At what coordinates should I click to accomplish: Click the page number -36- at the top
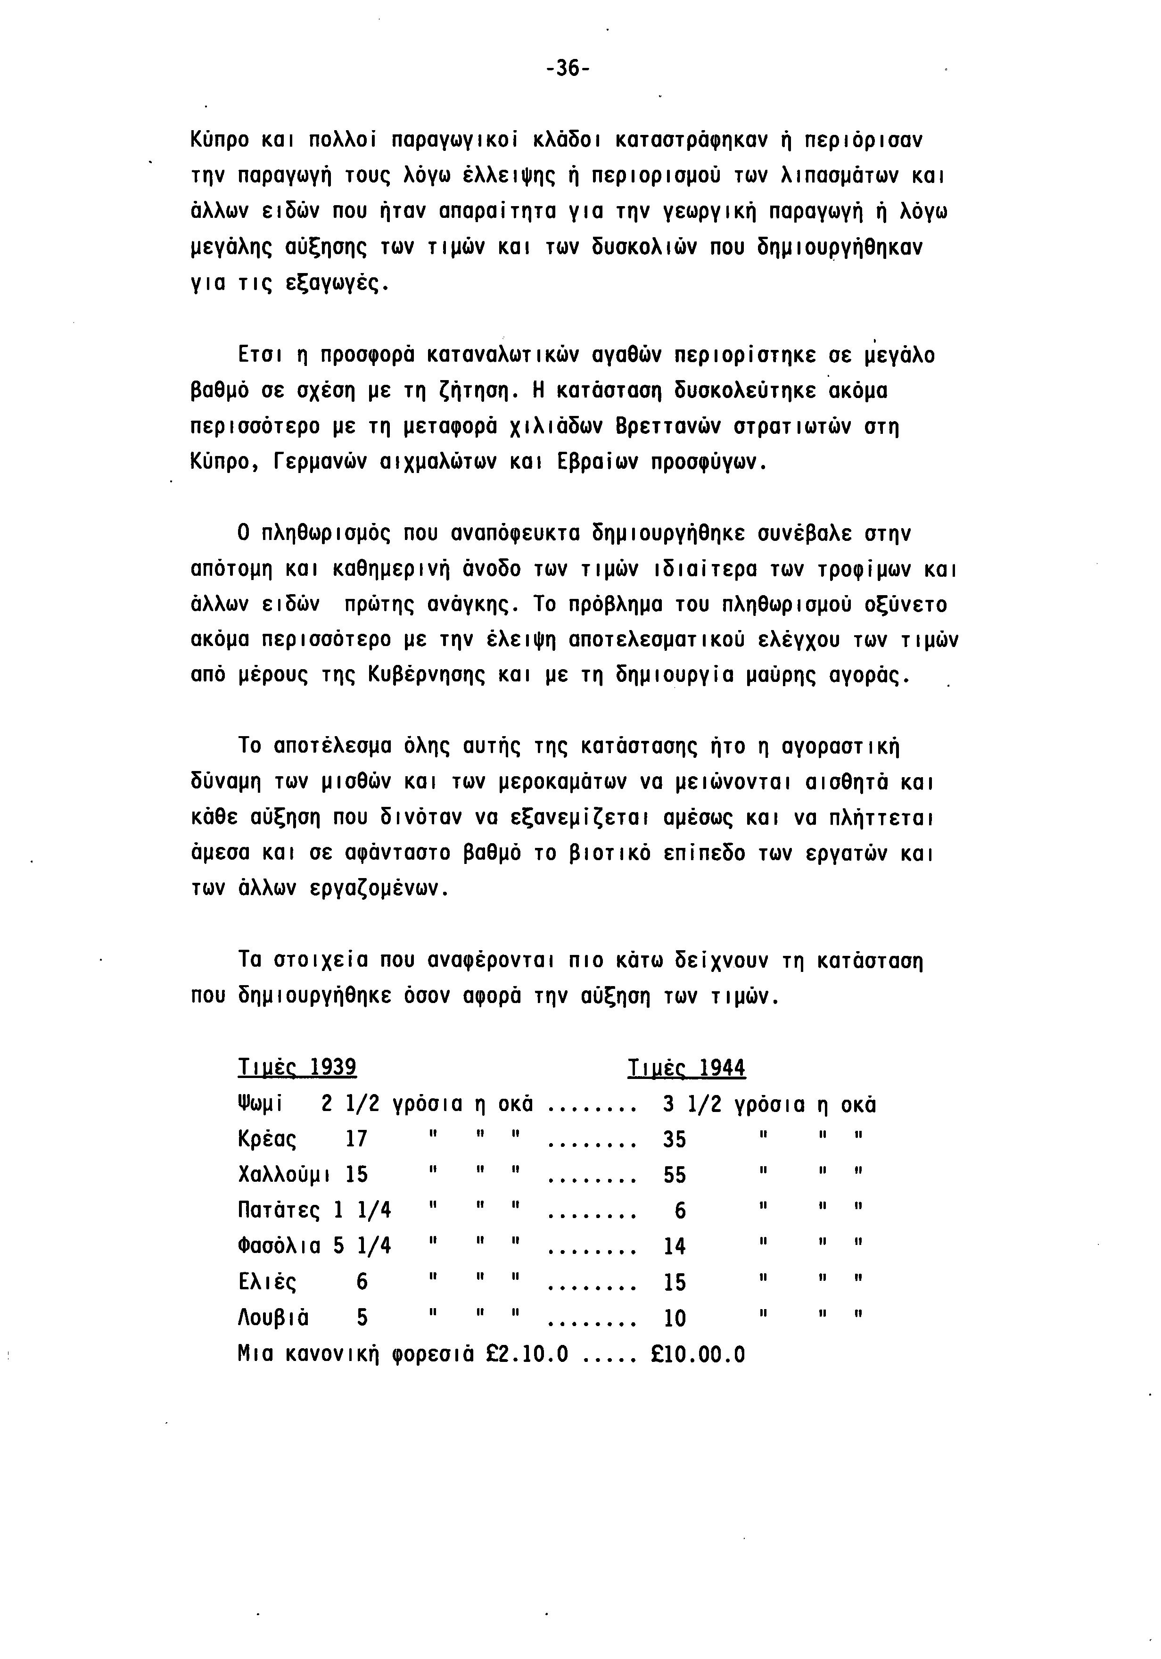(x=568, y=69)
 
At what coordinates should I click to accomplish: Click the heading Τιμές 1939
(x=297, y=1067)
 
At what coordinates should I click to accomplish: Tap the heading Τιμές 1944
(x=686, y=1067)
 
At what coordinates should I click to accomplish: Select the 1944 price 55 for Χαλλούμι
(x=674, y=1175)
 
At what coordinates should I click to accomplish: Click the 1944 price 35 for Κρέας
(x=674, y=1139)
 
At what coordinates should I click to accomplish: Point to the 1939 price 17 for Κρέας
(x=356, y=1139)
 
